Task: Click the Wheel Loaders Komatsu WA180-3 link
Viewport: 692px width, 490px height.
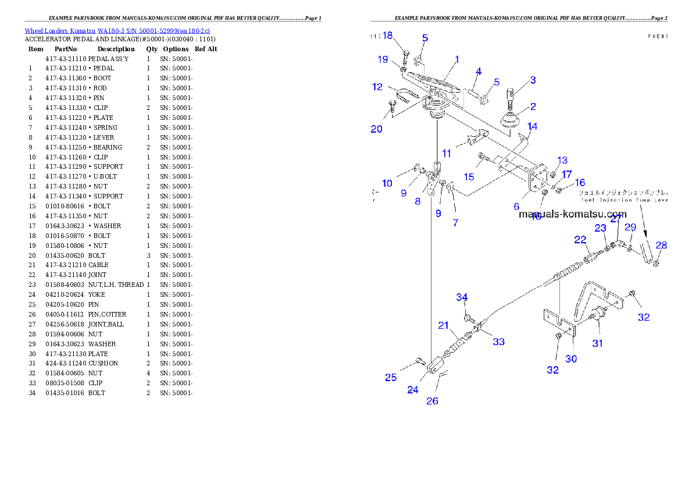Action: pyautogui.click(x=117, y=31)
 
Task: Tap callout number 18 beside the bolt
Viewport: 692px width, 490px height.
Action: pyautogui.click(x=387, y=35)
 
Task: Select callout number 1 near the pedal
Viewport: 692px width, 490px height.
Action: pyautogui.click(x=457, y=59)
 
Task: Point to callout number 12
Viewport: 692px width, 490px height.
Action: pyautogui.click(x=378, y=87)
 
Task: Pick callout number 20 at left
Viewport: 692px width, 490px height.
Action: pyautogui.click(x=377, y=129)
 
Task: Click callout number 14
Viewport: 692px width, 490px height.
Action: pyautogui.click(x=532, y=126)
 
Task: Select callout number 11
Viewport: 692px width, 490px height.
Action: pyautogui.click(x=446, y=154)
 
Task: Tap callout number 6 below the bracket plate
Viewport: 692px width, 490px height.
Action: pyautogui.click(x=516, y=207)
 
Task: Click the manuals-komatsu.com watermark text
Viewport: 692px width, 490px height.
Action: pyautogui.click(x=572, y=214)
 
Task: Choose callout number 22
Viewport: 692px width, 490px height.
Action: pyautogui.click(x=580, y=240)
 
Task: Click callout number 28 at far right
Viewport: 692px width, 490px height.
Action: pyautogui.click(x=661, y=246)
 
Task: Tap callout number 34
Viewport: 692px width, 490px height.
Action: pyautogui.click(x=462, y=297)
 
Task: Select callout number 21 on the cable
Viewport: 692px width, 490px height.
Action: pyautogui.click(x=444, y=325)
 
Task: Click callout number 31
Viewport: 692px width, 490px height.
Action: pyautogui.click(x=597, y=343)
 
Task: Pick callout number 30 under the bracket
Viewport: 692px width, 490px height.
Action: pyautogui.click(x=571, y=359)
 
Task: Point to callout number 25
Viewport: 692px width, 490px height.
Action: pyautogui.click(x=391, y=378)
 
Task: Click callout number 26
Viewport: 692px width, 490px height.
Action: pyautogui.click(x=432, y=401)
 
